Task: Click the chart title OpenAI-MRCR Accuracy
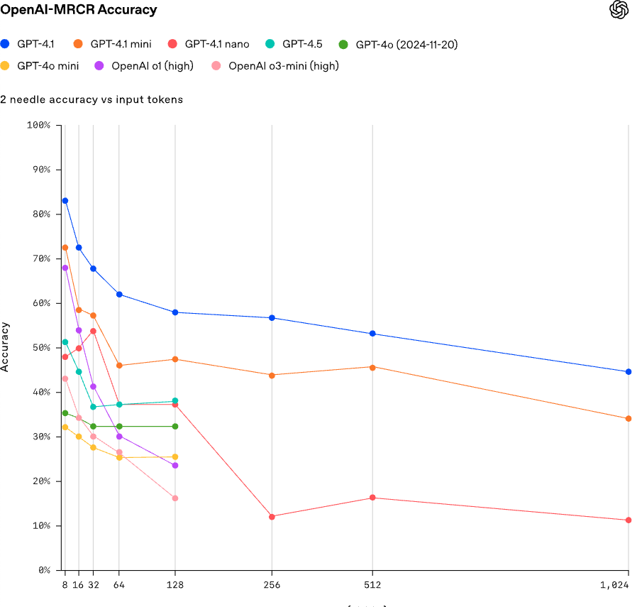click(78, 10)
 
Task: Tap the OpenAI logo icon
click(619, 10)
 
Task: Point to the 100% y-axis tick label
click(38, 125)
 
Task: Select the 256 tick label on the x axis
click(272, 586)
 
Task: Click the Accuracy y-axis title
click(6, 347)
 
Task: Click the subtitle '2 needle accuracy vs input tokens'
click(92, 99)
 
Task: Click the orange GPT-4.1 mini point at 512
click(372, 367)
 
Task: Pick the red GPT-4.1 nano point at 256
click(272, 516)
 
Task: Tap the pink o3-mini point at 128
click(175, 498)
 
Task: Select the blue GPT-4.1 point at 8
click(65, 201)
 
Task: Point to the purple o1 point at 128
click(175, 466)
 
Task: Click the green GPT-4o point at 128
click(175, 426)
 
